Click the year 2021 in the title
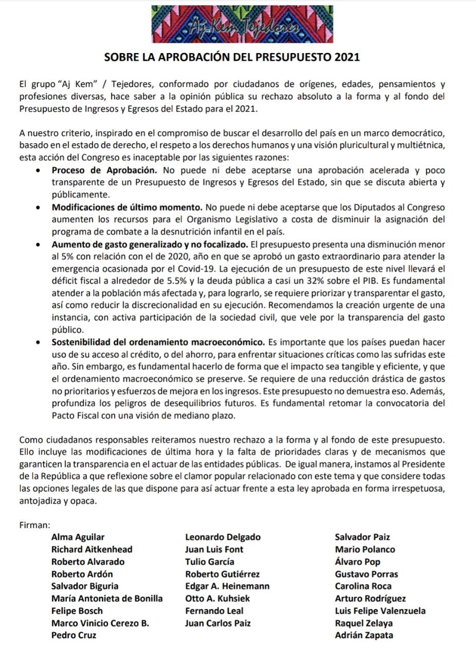[347, 57]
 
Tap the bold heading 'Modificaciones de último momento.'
[127, 207]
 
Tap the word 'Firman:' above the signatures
[34, 526]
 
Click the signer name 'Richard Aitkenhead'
[92, 550]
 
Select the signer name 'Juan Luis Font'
[214, 550]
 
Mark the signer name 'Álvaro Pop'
[358, 562]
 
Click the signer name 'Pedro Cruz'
[74, 635]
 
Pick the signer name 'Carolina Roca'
[363, 586]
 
